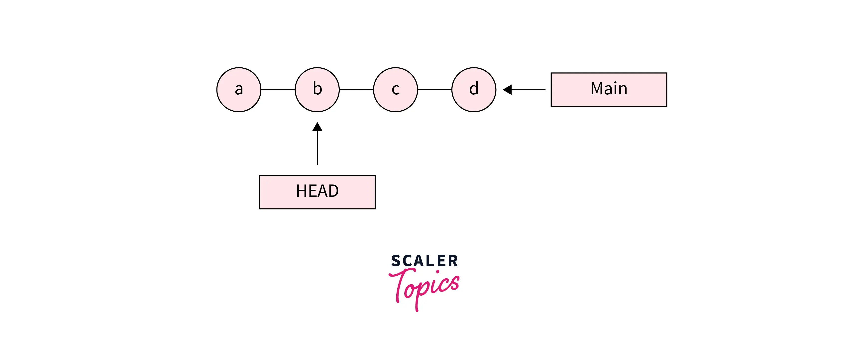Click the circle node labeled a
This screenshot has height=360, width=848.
[239, 90]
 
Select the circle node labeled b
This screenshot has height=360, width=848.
[317, 90]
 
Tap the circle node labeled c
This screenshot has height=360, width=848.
[395, 90]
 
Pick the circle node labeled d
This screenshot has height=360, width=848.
[474, 90]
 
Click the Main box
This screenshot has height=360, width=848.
[609, 90]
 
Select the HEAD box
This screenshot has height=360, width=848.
[317, 192]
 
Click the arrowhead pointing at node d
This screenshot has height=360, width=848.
[507, 90]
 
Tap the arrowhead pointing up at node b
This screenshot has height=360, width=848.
[317, 127]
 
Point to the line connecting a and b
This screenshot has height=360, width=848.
[278, 90]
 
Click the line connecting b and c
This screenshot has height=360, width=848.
[356, 90]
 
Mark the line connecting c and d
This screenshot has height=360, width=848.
[434, 90]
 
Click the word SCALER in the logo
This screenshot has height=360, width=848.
[424, 261]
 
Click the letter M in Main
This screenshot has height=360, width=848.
[598, 89]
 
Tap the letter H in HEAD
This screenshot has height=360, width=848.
[301, 191]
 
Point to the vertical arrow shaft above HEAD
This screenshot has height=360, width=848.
[317, 148]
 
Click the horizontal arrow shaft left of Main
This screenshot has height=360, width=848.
[528, 90]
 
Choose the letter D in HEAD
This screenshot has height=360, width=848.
[333, 191]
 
